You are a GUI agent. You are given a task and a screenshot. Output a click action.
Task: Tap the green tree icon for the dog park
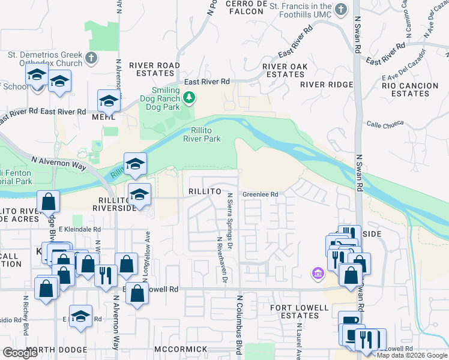188,96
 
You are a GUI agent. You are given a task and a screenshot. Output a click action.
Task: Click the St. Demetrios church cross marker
91,58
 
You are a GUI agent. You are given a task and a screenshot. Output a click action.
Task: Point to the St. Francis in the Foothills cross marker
341,9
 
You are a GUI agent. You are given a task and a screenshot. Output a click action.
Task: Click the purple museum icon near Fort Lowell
318,274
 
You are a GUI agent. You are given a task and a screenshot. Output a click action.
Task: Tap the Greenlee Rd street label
260,194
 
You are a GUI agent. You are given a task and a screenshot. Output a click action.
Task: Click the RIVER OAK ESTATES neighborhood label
285,70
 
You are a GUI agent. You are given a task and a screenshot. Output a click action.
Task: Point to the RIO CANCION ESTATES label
409,89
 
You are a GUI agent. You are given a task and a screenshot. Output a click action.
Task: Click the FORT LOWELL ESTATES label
299,312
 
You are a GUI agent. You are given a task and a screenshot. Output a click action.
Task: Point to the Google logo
20,353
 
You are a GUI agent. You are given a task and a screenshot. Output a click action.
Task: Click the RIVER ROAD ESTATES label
154,70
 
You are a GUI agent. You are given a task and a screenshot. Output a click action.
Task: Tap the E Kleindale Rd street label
80,229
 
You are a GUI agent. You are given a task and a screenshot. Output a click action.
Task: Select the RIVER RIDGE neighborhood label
327,85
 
